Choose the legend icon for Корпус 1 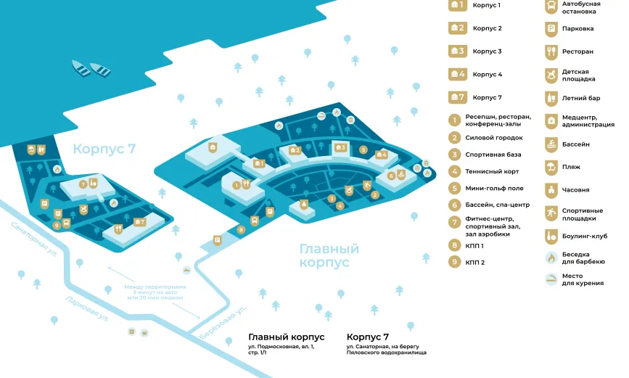click(x=457, y=6)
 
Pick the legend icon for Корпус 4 click(x=457, y=74)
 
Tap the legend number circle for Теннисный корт click(x=455, y=172)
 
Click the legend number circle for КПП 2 click(x=455, y=262)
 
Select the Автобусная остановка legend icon click(x=551, y=7)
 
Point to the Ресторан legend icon click(x=551, y=52)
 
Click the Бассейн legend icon click(x=551, y=144)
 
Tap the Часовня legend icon click(x=551, y=190)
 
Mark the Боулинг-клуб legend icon click(x=551, y=235)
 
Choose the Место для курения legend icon click(x=551, y=279)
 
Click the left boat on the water click(x=81, y=68)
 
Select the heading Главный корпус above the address click(x=286, y=337)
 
